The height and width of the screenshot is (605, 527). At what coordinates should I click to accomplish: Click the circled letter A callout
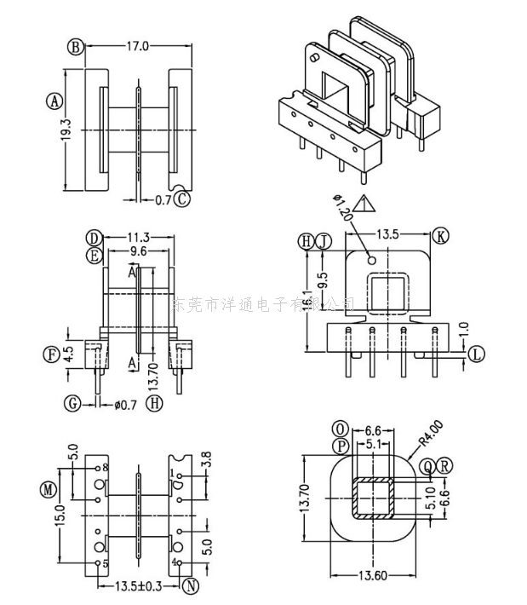coord(54,100)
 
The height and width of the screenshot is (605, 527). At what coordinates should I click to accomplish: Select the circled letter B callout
coord(77,47)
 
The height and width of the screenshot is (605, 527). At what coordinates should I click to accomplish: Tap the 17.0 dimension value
coord(137,46)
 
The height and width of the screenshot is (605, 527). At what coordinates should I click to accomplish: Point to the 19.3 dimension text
coord(66,130)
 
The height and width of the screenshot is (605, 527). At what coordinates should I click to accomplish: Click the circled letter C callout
coord(183,199)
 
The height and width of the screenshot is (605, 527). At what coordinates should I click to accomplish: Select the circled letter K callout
coord(440,235)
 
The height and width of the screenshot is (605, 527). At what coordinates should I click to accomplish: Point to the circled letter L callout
coord(477,353)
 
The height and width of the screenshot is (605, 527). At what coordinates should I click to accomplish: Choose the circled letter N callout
coord(191,586)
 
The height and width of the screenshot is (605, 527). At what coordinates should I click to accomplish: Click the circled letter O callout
coord(341,428)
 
